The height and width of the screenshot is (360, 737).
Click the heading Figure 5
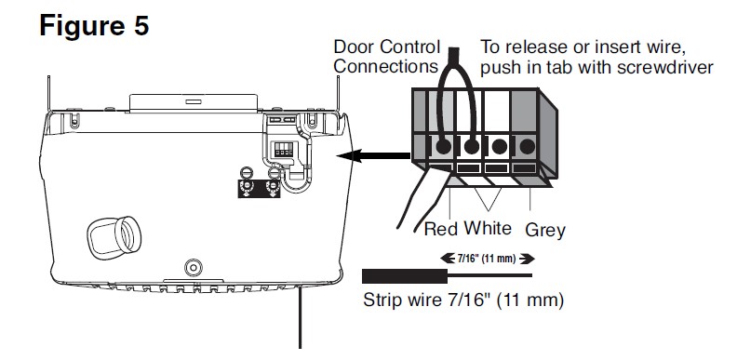click(94, 25)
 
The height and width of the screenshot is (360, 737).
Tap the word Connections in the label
click(385, 66)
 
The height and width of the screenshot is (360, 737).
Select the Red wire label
click(441, 229)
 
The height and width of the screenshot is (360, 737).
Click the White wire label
click(488, 228)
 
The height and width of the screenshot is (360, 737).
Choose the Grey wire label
click(545, 231)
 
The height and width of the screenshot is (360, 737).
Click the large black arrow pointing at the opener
click(373, 155)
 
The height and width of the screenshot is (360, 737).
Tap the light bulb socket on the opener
click(114, 237)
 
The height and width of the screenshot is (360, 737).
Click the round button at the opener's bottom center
click(193, 267)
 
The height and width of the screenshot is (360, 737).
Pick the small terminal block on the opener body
click(284, 150)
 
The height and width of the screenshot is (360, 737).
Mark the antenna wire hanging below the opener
click(300, 318)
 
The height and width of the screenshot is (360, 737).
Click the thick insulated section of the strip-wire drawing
click(405, 276)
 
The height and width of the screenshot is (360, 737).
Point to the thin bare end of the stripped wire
click(489, 275)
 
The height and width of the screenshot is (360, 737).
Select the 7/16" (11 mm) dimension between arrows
click(487, 258)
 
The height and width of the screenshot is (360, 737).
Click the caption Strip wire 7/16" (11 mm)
click(463, 300)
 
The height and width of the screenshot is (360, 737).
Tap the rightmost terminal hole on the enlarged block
click(527, 147)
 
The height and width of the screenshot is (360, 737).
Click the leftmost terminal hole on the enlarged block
click(443, 147)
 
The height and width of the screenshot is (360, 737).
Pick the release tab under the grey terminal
click(524, 167)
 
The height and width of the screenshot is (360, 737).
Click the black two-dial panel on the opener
click(260, 189)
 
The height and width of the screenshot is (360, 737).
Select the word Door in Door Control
click(355, 47)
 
